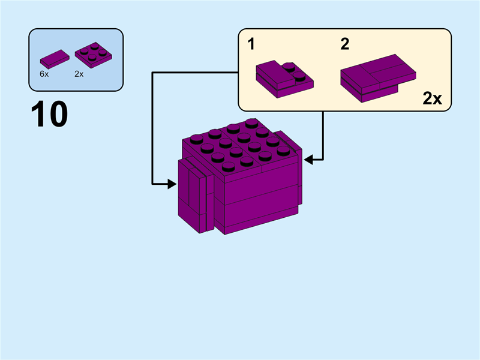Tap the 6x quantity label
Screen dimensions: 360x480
(x=44, y=74)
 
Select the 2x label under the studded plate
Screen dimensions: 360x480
(x=79, y=74)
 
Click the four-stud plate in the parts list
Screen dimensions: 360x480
(x=94, y=54)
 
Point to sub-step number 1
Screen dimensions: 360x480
(x=251, y=44)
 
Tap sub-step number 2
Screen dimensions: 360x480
(x=344, y=44)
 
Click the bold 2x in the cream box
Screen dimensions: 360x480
(x=431, y=99)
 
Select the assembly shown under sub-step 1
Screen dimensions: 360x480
(x=283, y=79)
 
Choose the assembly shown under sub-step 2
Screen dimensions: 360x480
(x=377, y=78)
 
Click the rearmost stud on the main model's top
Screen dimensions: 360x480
(x=251, y=123)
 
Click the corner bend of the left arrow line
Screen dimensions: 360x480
(x=153, y=73)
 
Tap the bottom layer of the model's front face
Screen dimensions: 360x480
(x=261, y=220)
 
